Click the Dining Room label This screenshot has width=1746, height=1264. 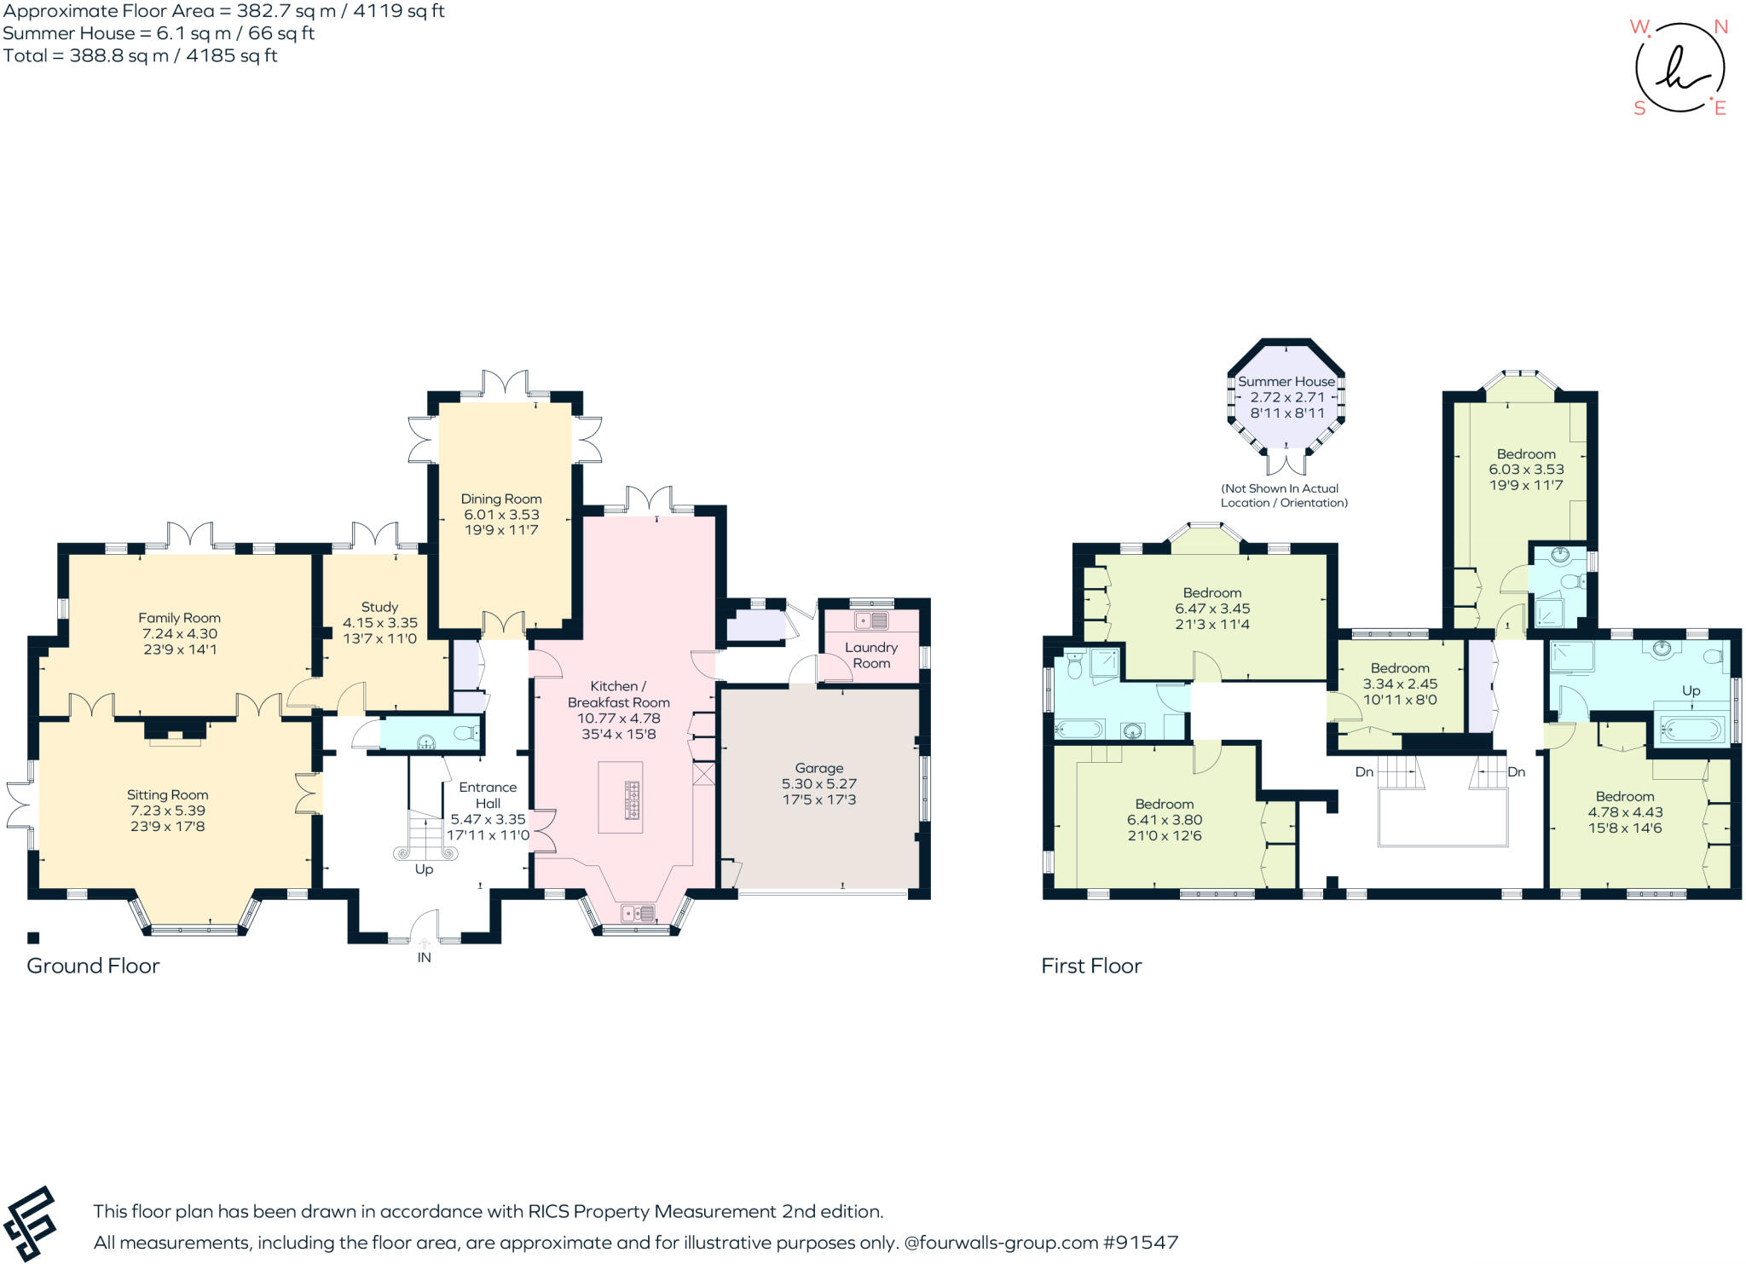[500, 499]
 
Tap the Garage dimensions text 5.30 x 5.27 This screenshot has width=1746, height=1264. [818, 783]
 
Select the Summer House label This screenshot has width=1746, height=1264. [1286, 381]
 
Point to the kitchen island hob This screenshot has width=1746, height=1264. [633, 799]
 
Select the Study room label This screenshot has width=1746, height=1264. [379, 607]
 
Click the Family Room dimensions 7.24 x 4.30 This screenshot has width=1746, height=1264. [179, 633]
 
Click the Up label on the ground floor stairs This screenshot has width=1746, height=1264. [424, 869]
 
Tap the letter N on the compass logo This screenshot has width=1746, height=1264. [1720, 26]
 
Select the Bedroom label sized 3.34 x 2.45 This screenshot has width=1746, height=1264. [1399, 668]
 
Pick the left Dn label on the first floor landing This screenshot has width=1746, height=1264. [1364, 771]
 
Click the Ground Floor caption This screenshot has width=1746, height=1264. [93, 965]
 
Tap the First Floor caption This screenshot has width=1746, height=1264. [1090, 965]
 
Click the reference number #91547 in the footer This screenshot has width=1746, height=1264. [1140, 1242]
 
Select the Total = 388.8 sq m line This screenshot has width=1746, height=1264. [140, 55]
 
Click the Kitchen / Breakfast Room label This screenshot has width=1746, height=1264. [618, 694]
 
